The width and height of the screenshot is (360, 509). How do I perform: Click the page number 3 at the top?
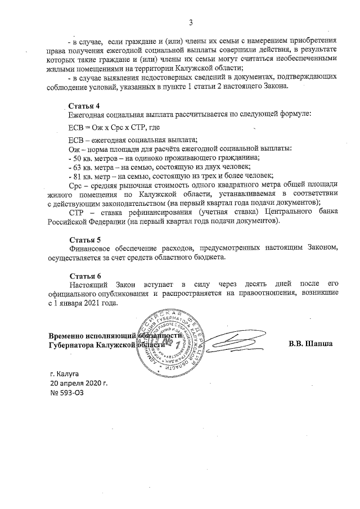191,22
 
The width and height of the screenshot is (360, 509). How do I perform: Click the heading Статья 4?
84,106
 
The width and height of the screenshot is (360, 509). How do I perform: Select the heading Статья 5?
84,240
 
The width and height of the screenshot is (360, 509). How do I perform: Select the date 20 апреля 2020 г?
79,382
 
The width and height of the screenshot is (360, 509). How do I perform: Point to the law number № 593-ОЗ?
67,392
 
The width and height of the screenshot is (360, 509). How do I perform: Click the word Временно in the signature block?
68,336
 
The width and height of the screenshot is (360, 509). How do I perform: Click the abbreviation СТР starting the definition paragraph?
76,211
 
